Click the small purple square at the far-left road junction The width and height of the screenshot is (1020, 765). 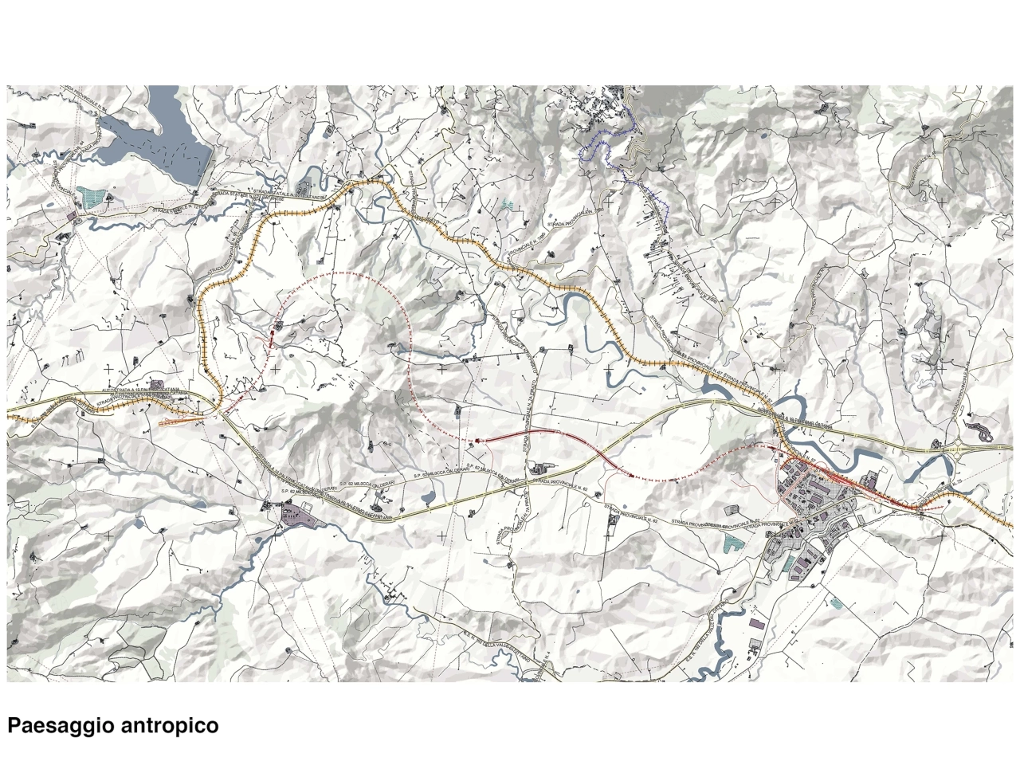[x=73, y=216]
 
